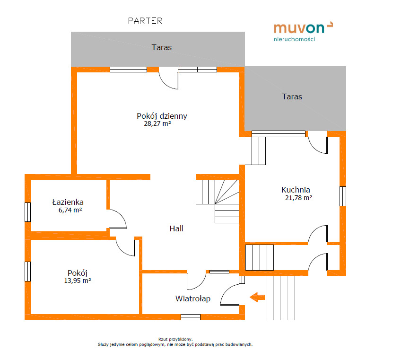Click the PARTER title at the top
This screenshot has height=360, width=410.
click(x=145, y=21)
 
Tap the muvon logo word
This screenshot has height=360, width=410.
click(x=299, y=28)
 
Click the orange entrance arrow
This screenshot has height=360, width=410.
click(x=257, y=297)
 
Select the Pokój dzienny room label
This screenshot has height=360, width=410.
click(x=162, y=116)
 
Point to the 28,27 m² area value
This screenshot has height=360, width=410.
click(x=157, y=123)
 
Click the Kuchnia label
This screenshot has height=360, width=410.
click(x=296, y=189)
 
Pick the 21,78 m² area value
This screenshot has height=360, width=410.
click(x=298, y=198)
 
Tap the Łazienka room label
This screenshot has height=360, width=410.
click(x=68, y=202)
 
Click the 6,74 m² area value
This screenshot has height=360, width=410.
click(x=70, y=210)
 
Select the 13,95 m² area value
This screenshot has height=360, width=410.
click(x=78, y=281)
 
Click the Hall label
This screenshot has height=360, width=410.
click(x=176, y=228)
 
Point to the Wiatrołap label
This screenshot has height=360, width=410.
click(x=193, y=299)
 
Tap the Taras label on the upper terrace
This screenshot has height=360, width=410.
click(x=162, y=47)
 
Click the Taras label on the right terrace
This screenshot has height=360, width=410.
click(x=292, y=97)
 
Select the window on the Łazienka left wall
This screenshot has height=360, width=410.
click(x=27, y=212)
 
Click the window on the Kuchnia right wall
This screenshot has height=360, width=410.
click(x=343, y=196)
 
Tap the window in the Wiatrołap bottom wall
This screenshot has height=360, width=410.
click(x=191, y=317)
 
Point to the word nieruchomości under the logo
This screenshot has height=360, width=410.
click(x=295, y=39)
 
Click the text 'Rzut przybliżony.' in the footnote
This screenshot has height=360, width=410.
click(x=175, y=339)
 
